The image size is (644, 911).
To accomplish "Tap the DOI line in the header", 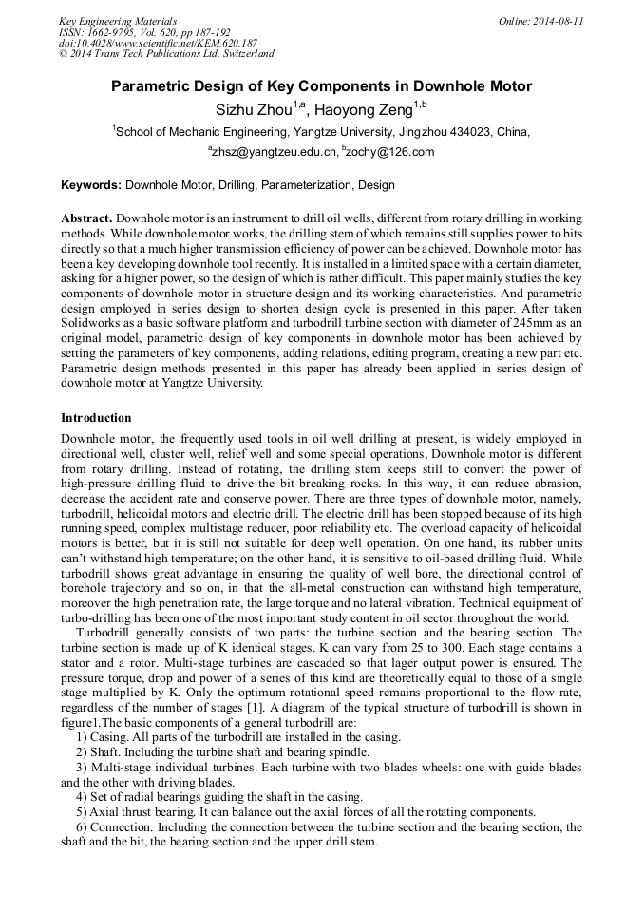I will coord(158,43).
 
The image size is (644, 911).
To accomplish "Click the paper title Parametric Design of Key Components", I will coord(321,86).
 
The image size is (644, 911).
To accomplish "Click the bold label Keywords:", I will coord(91,185).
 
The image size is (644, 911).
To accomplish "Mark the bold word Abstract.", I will coord(86,218).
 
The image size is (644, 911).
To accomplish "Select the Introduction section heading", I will coord(96,418).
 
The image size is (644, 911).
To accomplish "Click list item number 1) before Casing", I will coord(82,737).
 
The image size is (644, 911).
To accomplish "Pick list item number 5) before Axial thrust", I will coord(82,812).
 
